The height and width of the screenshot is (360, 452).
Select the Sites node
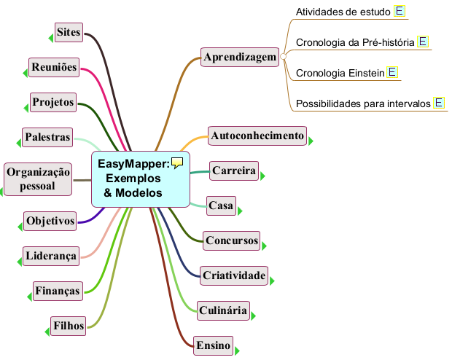click(x=69, y=32)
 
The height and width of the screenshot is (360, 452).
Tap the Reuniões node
click(x=54, y=67)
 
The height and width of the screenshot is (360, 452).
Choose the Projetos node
click(x=53, y=102)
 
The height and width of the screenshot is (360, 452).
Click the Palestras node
click(x=47, y=137)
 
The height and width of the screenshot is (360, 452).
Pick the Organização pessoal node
click(x=38, y=179)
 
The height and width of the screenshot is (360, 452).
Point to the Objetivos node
click(x=50, y=220)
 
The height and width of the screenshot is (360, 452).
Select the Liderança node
click(x=50, y=256)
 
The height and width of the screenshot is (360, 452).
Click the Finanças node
click(x=57, y=291)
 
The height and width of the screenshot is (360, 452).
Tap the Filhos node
click(x=69, y=325)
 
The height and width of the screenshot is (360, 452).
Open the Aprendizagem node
click(x=240, y=57)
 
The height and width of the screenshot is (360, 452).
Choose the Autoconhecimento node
click(x=257, y=136)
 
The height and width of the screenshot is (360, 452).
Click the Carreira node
click(x=234, y=171)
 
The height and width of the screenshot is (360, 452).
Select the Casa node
click(x=221, y=206)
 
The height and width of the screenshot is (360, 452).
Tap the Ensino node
click(x=213, y=345)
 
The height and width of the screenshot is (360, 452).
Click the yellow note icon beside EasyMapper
click(x=176, y=163)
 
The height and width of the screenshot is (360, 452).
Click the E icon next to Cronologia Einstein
click(x=391, y=72)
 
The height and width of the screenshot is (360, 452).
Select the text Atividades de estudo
click(x=343, y=11)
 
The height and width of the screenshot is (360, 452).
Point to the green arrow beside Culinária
click(x=254, y=316)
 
